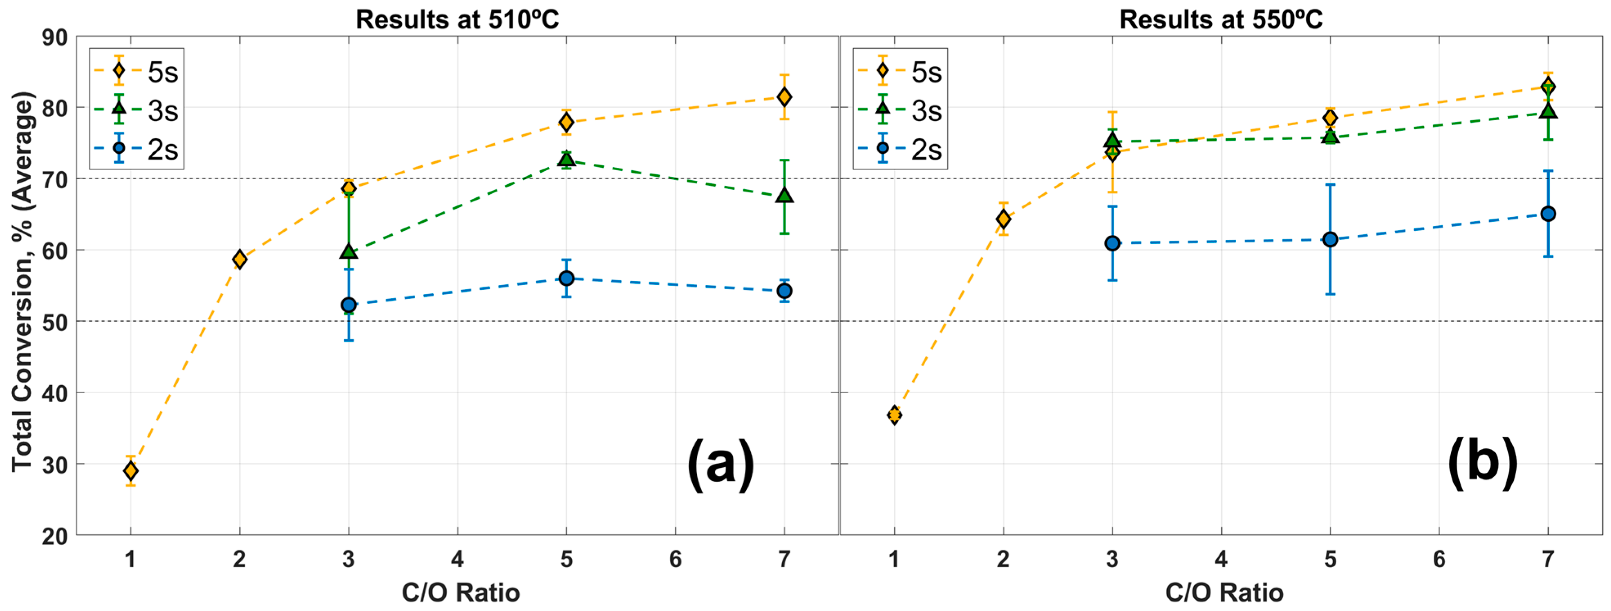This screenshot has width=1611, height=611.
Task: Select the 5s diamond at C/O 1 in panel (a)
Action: click(131, 470)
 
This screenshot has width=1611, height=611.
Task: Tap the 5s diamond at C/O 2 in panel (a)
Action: click(239, 259)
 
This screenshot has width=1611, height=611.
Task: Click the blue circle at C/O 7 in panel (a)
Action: click(784, 291)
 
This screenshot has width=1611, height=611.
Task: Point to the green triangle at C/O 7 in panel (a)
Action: click(784, 195)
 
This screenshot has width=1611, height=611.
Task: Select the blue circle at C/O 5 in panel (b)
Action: click(1330, 239)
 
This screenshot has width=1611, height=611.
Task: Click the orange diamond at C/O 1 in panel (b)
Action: click(894, 415)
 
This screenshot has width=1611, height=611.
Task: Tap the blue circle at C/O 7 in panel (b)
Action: click(1548, 214)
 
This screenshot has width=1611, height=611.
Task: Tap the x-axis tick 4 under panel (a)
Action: click(457, 559)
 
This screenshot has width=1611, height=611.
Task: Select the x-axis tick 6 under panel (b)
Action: click(1439, 559)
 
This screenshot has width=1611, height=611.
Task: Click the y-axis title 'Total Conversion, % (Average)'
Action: click(22, 282)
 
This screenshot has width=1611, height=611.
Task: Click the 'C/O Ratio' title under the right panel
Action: click(1224, 592)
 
